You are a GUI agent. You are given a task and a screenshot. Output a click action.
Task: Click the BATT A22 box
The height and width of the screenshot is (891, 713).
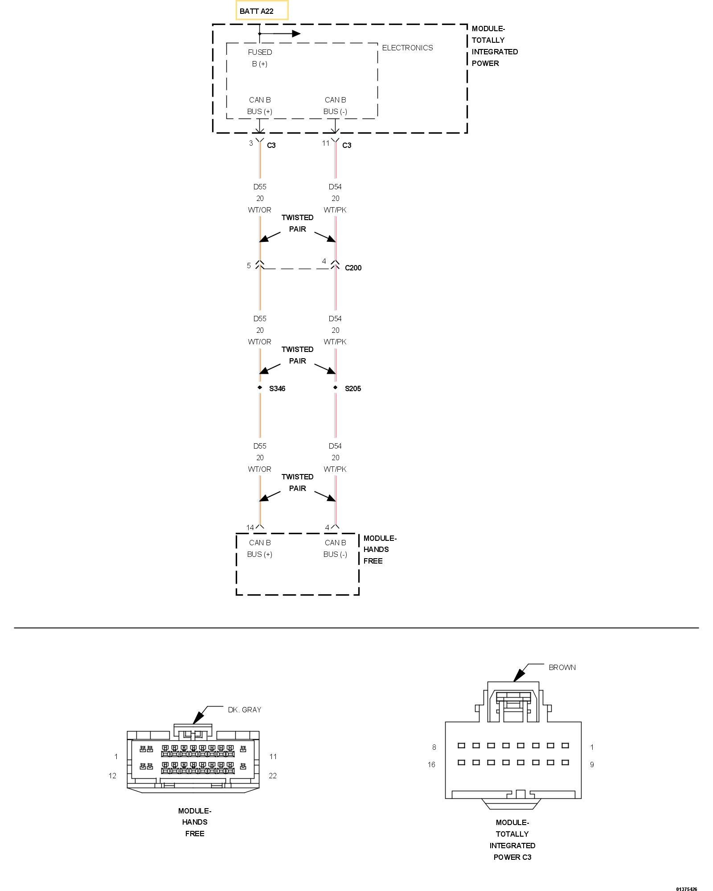[262, 11]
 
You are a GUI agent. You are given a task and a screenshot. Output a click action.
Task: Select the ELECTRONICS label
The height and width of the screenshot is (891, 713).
[407, 48]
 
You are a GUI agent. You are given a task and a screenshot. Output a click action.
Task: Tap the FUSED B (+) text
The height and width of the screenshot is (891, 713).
[260, 58]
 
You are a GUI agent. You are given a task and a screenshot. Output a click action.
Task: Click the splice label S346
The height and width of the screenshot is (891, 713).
[277, 388]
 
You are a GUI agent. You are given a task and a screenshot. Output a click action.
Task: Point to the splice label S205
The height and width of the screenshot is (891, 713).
[353, 388]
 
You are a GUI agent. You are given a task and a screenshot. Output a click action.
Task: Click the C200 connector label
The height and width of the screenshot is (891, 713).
[353, 268]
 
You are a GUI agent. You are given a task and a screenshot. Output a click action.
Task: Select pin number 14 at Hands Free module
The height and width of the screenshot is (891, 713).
[250, 527]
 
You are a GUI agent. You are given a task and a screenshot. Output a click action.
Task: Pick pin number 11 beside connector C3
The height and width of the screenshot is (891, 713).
[326, 143]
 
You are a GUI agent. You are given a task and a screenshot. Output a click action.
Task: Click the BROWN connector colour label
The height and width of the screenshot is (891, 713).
[562, 667]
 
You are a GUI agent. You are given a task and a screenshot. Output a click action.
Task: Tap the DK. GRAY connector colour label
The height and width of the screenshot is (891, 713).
[244, 710]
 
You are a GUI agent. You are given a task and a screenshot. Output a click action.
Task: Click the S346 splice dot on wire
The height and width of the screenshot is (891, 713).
[260, 388]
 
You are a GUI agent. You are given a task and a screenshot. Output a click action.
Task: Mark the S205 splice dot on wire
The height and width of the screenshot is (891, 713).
[336, 388]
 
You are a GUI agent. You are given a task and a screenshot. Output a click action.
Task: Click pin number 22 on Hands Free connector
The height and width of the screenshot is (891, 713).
[273, 776]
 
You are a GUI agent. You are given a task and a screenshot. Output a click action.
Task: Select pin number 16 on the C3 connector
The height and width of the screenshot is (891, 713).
[431, 764]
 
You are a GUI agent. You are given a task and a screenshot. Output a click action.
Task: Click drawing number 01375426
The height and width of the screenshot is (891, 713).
[686, 877]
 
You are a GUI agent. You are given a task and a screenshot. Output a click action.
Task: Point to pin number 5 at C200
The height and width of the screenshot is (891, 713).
[249, 266]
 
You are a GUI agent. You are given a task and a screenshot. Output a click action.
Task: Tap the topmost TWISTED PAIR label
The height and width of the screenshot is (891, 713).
[297, 223]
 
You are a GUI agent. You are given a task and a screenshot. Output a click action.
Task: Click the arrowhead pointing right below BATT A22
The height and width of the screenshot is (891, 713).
[296, 33]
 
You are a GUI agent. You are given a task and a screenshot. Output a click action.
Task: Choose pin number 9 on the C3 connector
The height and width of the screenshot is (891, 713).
[592, 764]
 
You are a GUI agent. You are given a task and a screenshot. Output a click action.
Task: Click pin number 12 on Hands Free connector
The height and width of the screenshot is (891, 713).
[112, 776]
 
